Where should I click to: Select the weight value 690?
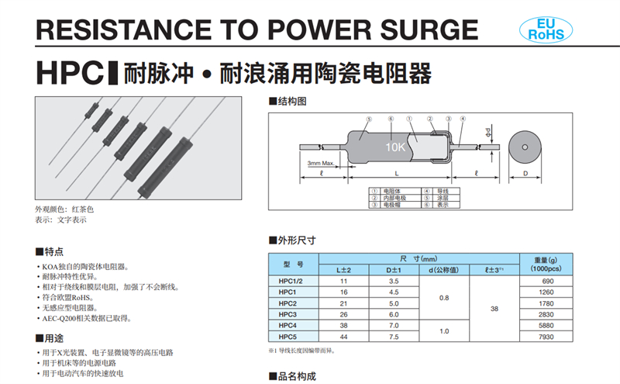[x=545, y=279]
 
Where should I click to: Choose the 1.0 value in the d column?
[x=443, y=331]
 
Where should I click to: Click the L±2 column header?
[x=344, y=268]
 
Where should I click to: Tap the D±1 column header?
[x=394, y=268]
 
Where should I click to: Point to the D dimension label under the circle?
[x=525, y=175]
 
